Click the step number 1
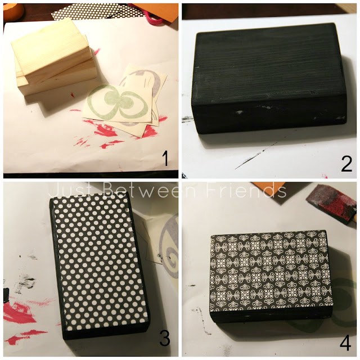[x=165, y=159]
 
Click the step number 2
[x=346, y=164]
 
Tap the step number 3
[x=165, y=338]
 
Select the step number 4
[x=345, y=343]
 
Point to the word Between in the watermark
[x=150, y=191]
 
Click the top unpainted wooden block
[x=51, y=52]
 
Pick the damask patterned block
[x=271, y=276]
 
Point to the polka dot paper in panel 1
[x=96, y=11]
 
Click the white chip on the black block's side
[x=239, y=112]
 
